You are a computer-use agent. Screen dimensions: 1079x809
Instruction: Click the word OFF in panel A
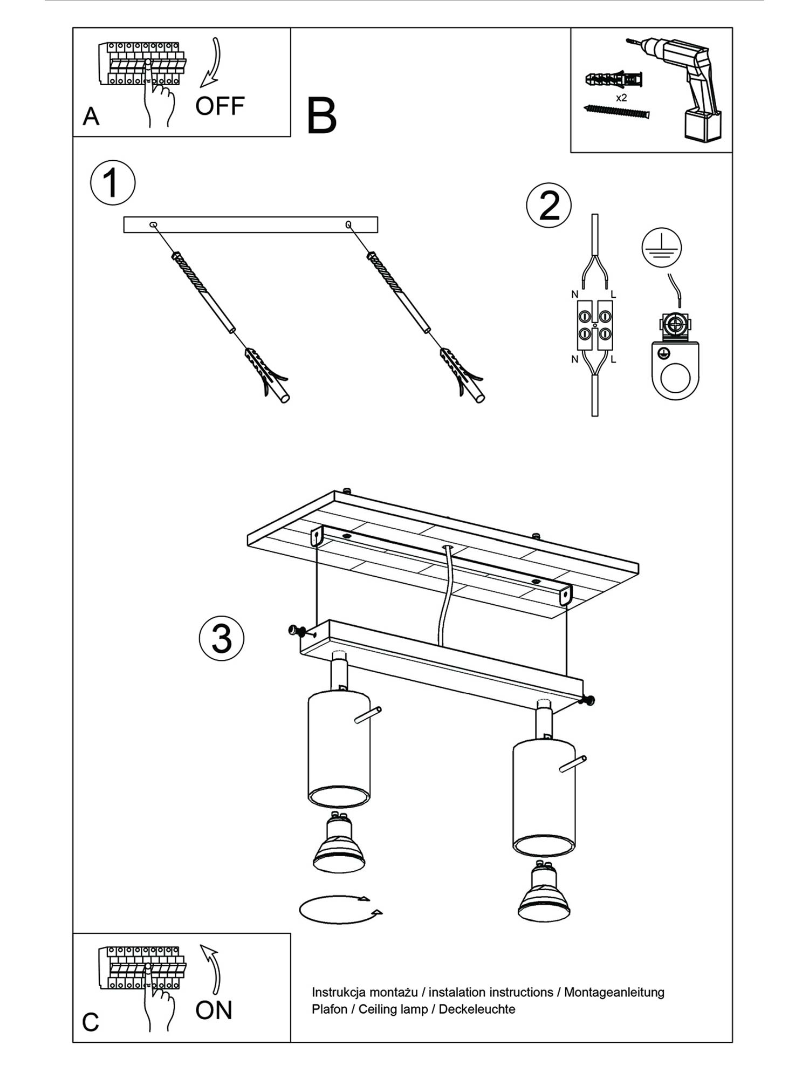[220, 106]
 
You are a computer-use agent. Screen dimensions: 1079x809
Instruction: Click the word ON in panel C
[214, 1010]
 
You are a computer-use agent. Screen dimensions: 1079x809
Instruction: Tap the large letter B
[321, 116]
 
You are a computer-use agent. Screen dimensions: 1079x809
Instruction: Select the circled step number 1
[112, 182]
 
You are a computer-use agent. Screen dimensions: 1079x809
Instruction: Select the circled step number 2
[549, 206]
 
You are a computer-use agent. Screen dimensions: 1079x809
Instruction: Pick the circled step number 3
[221, 638]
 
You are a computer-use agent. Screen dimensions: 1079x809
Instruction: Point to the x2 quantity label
[621, 98]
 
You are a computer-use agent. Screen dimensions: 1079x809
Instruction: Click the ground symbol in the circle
[661, 248]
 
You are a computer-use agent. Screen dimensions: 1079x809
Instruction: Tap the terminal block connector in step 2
[595, 325]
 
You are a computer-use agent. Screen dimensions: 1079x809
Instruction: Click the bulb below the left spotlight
[339, 842]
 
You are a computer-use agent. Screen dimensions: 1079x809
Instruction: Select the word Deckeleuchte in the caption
[477, 1009]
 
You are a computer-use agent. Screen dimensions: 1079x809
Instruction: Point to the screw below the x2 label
[617, 112]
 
